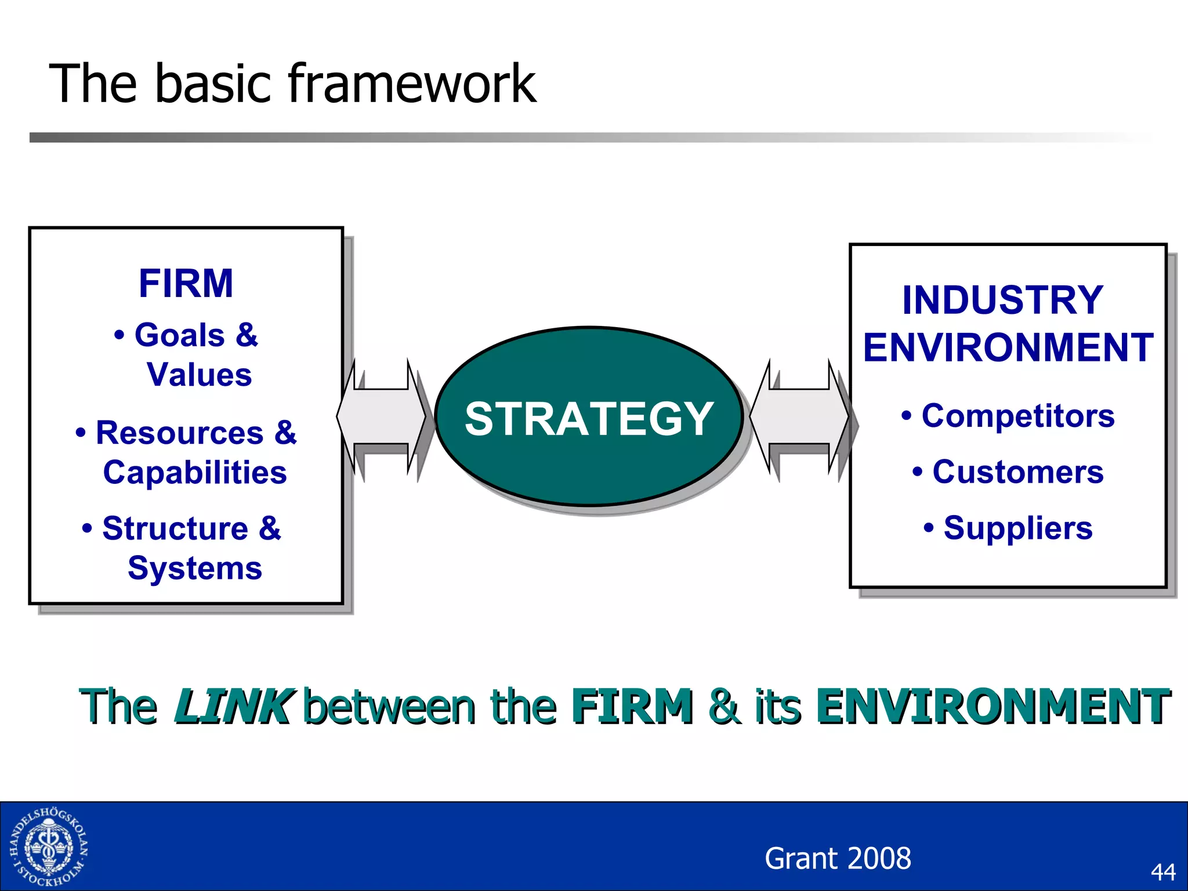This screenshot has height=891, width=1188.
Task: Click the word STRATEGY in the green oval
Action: [x=588, y=419]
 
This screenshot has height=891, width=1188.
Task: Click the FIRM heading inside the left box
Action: [x=186, y=284]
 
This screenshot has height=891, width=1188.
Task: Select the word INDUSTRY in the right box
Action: [x=1002, y=300]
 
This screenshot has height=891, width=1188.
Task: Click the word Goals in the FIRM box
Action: [x=180, y=335]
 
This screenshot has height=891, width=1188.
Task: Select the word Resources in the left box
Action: [x=180, y=433]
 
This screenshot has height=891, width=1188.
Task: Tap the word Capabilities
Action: [x=195, y=473]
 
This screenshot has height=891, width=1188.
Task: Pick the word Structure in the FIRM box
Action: [x=175, y=528]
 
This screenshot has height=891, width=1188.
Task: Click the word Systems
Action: [x=195, y=568]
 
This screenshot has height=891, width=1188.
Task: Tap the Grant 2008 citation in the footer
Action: [x=838, y=859]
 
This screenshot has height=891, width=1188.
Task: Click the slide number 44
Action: [x=1162, y=872]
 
